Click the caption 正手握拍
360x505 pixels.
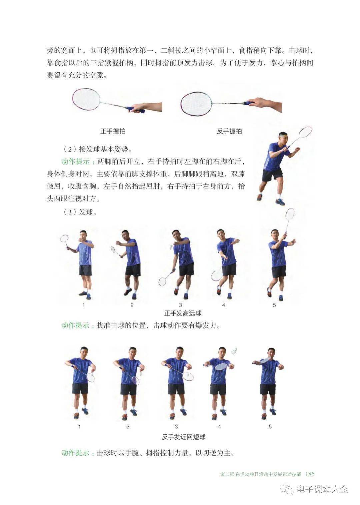[x=113, y=131]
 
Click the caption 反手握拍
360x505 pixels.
[x=229, y=131]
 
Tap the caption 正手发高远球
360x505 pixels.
[x=183, y=313]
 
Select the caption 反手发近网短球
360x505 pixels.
[x=184, y=437]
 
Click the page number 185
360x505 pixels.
[x=310, y=468]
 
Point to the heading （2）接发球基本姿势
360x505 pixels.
[x=97, y=149]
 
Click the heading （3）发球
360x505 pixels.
[x=80, y=212]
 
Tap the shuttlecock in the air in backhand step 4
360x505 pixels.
[x=234, y=351]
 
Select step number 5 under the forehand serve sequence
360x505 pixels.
[x=274, y=305]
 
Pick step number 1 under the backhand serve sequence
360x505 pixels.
[x=79, y=426]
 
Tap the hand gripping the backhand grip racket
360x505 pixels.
[x=257, y=103]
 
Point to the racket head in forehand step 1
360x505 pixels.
[x=64, y=238]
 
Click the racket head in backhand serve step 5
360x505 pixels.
[x=265, y=360]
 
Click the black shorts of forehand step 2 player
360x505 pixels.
[x=133, y=270]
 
